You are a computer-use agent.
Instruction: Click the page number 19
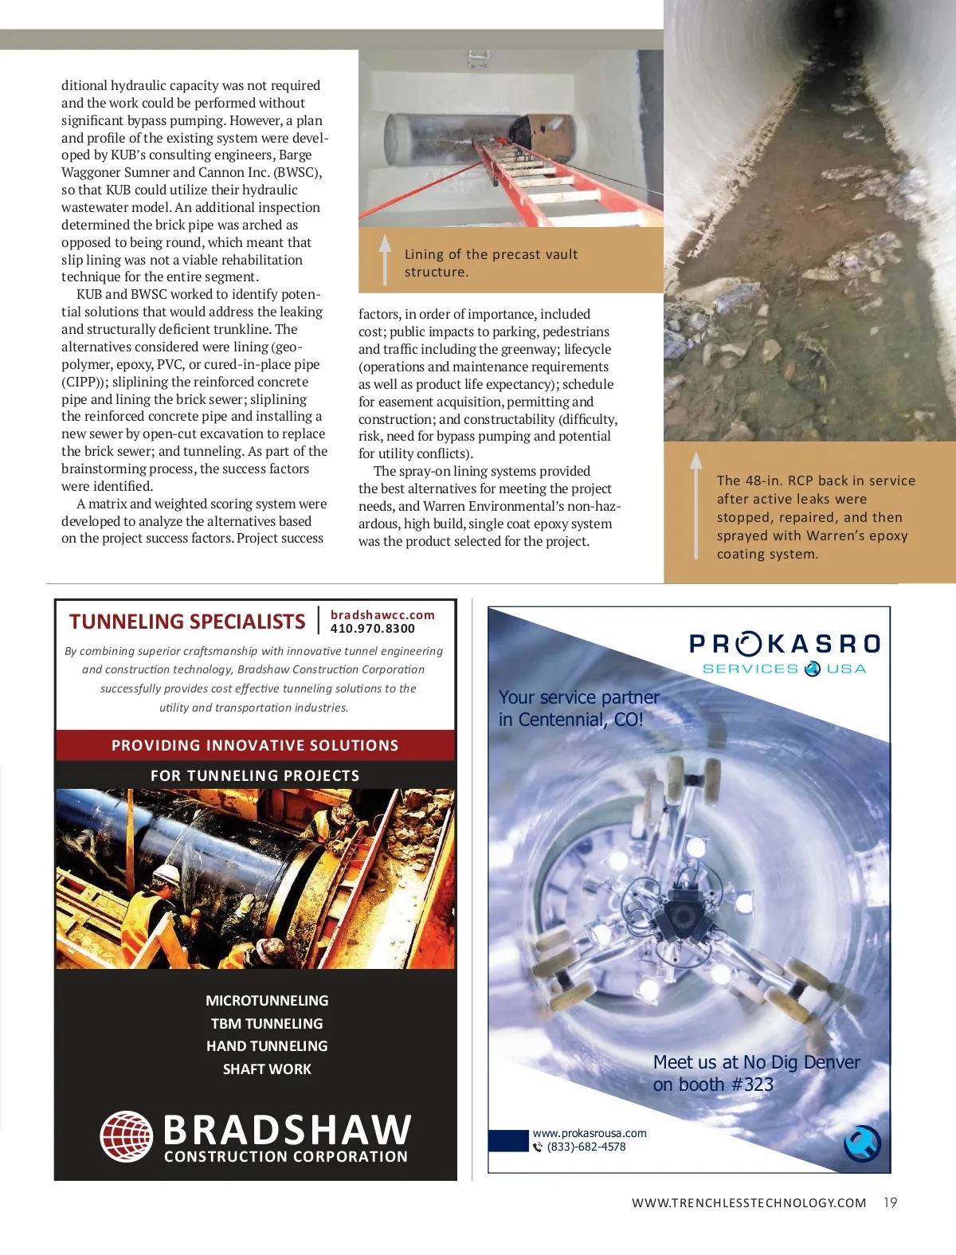click(890, 1202)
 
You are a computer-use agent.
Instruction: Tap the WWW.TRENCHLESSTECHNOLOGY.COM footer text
click(749, 1203)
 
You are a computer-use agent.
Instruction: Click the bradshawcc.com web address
click(382, 615)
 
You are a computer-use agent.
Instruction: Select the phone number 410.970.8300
click(373, 629)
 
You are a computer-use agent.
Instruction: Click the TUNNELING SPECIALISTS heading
click(187, 622)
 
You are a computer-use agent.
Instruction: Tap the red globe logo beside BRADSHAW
click(126, 1136)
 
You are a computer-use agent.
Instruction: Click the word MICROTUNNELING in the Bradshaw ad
click(267, 1001)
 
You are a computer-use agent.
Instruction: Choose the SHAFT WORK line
click(267, 1069)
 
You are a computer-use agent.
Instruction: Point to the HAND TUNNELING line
click(267, 1046)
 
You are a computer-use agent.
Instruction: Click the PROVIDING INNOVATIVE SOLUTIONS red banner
click(255, 746)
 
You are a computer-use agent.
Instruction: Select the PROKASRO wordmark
click(785, 644)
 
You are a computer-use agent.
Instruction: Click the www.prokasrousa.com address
click(590, 1133)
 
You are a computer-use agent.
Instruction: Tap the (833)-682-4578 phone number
click(586, 1147)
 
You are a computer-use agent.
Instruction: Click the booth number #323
click(752, 1084)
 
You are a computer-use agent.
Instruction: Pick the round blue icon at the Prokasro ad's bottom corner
click(862, 1144)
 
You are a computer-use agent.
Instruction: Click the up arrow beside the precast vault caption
click(385, 258)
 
